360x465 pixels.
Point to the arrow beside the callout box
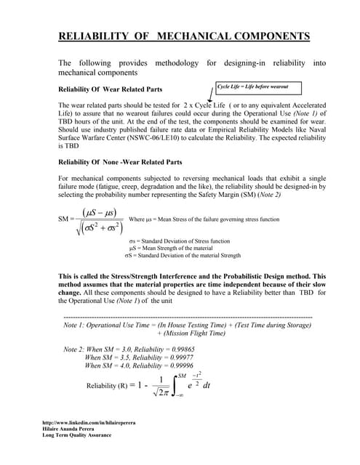[211, 94]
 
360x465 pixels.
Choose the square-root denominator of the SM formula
[101, 227]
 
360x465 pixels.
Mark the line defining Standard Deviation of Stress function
[180, 240]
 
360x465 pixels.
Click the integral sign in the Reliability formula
[175, 387]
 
